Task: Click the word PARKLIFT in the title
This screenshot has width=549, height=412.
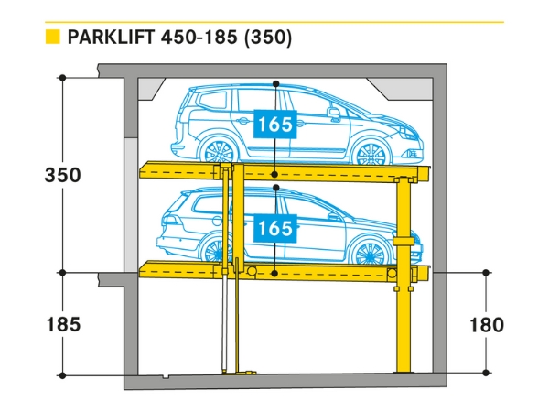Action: click(111, 38)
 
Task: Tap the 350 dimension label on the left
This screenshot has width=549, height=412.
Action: click(62, 175)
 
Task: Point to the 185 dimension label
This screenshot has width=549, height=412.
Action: click(62, 324)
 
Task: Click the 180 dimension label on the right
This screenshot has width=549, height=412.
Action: click(486, 324)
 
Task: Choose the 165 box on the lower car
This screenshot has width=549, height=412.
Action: click(275, 228)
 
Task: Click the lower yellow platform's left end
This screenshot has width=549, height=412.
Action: click(146, 270)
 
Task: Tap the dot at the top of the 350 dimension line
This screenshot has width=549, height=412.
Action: click(62, 79)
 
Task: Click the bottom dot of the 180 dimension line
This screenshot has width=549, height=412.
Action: click(486, 374)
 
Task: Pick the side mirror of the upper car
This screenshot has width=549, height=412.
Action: click(335, 114)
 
